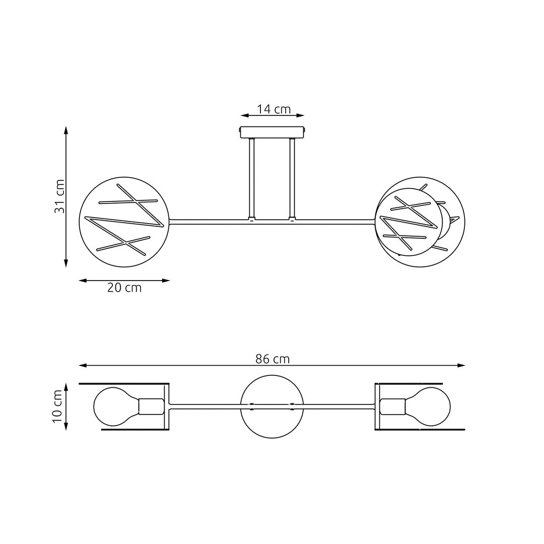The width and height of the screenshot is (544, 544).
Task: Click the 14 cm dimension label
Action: coord(274,109)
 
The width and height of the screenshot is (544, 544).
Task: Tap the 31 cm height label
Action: coord(60,196)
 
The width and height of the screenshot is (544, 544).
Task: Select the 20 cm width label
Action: coord(124,288)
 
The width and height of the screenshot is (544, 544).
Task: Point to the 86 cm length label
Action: coord(272,359)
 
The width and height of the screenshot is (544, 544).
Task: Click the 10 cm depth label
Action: coord(57,406)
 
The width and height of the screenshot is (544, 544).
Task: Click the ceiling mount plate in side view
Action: coord(272,132)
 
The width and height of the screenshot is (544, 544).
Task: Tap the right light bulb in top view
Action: coord(430,406)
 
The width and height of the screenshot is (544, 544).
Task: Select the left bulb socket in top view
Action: coord(151,406)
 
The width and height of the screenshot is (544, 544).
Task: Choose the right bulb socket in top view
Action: coord(393,406)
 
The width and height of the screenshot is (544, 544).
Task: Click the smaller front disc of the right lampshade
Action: coord(409,222)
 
